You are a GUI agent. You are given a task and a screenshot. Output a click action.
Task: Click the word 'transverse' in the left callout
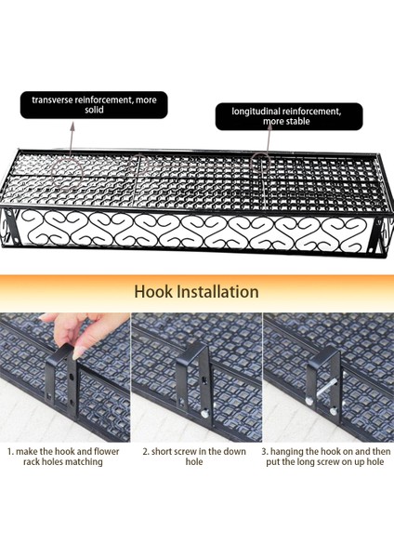[x=52, y=100]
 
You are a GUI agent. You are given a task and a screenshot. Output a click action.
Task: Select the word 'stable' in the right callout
[x=297, y=121]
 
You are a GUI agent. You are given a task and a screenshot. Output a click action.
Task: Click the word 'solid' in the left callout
[x=94, y=110]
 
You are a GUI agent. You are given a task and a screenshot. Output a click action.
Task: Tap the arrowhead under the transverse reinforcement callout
[x=72, y=125]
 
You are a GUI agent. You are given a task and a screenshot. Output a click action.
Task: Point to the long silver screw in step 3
[x=326, y=388]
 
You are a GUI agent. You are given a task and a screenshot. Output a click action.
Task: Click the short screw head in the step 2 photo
[x=204, y=414]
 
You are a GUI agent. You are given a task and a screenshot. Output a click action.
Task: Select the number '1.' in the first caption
[x=10, y=452]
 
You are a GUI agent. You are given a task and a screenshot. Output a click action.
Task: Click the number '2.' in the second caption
[x=146, y=452]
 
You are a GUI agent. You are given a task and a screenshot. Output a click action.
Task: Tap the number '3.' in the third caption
[x=265, y=452]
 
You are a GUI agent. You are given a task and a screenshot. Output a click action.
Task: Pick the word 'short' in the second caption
[x=162, y=452]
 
